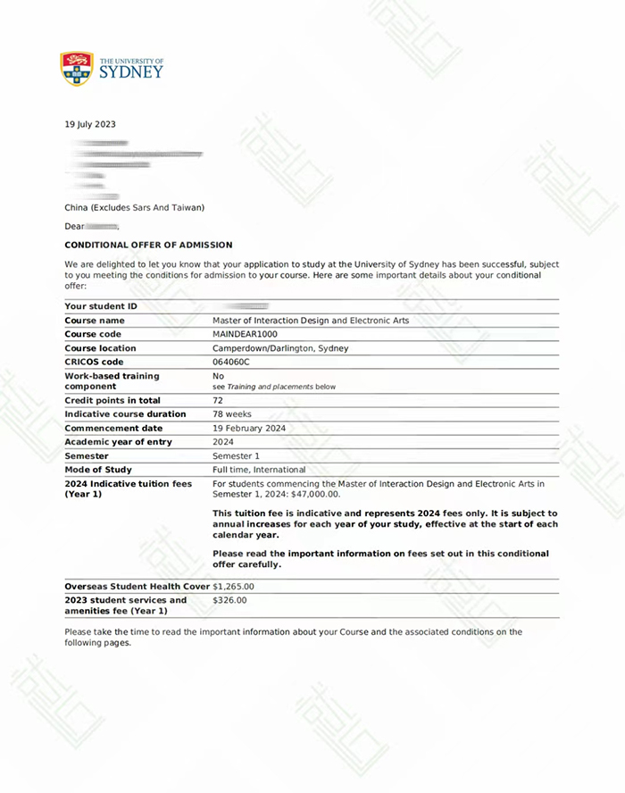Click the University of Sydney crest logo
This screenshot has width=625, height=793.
pos(77,69)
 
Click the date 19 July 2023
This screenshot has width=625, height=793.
pos(90,125)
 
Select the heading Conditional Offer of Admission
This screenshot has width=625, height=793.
pos(148,245)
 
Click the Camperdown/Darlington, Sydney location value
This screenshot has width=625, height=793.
pos(280,348)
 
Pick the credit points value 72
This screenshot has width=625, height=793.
pos(218,400)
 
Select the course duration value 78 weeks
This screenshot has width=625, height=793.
pos(232,414)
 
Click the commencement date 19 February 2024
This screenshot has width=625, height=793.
pos(248,428)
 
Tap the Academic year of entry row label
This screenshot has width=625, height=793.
pos(119,442)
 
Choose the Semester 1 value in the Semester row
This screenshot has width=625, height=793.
pos(236,455)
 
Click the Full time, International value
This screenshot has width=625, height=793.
pos(259,470)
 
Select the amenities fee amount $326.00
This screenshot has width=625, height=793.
pos(229,600)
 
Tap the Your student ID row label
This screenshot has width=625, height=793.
pos(101,306)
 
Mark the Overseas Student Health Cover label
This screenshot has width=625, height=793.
pos(137,587)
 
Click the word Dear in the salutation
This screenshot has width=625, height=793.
pos(75,227)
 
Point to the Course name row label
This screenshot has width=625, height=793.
pos(95,321)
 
